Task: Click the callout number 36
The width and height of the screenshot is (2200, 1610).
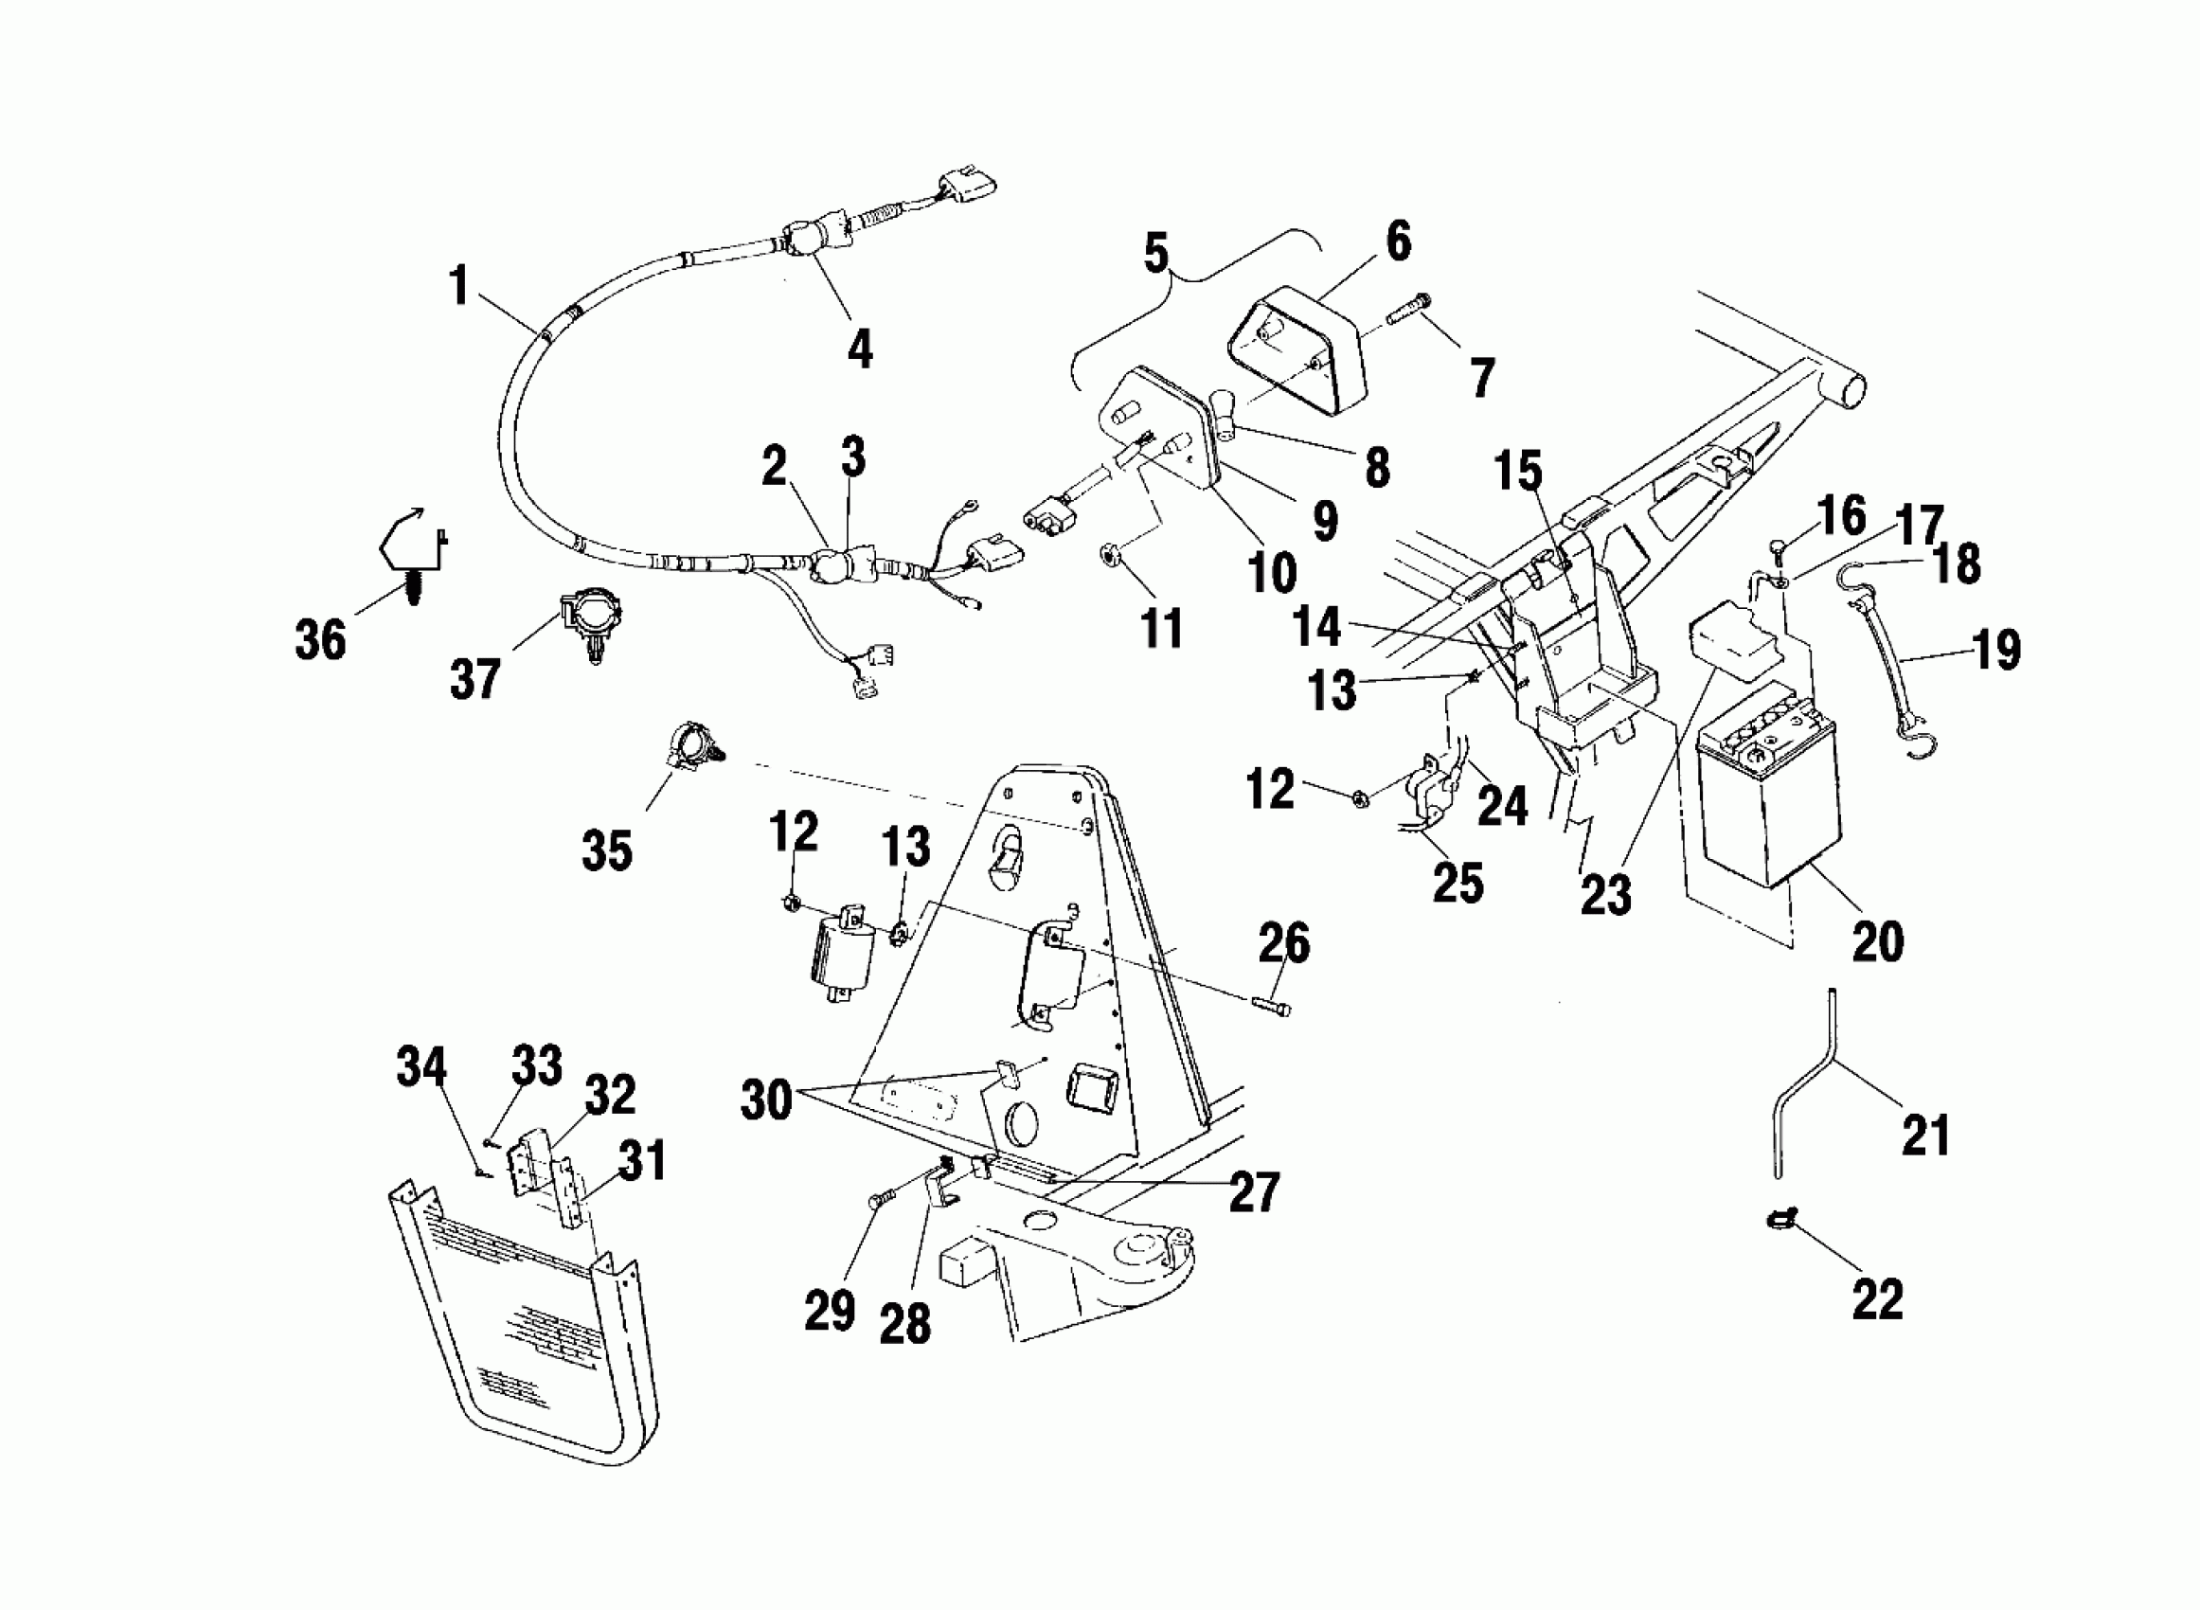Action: (x=320, y=640)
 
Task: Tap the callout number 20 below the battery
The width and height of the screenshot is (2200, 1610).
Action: (x=1876, y=940)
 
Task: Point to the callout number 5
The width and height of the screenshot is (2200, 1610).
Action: (x=1155, y=254)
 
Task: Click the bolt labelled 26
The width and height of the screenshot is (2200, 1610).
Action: (x=1271, y=1007)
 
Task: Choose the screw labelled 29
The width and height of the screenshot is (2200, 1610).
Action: (x=876, y=1203)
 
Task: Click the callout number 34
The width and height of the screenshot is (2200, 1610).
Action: (x=420, y=1067)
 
